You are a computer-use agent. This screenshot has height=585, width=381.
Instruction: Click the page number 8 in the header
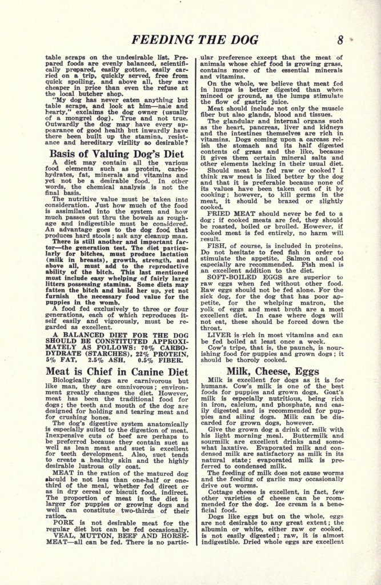pyautogui.click(x=340, y=40)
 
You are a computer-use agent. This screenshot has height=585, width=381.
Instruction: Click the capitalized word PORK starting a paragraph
pyautogui.click(x=63, y=523)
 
